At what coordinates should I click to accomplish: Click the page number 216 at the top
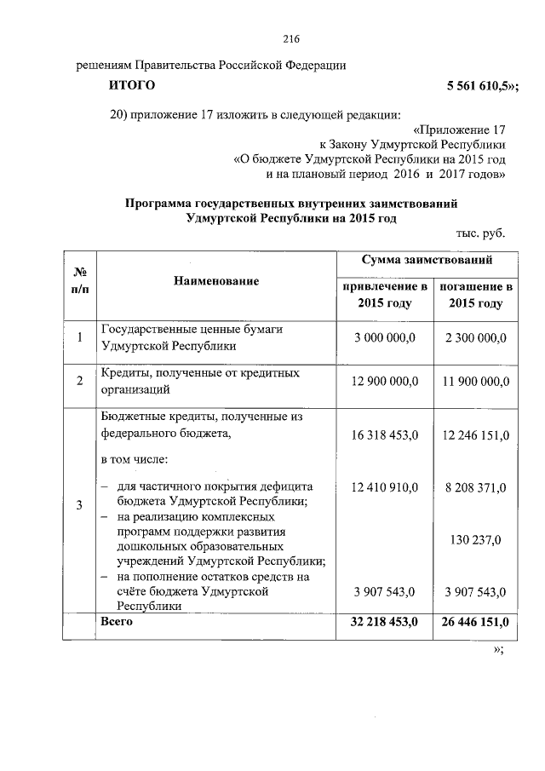click(x=291, y=38)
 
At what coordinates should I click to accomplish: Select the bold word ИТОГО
click(x=132, y=85)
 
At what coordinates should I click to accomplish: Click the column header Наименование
click(x=216, y=280)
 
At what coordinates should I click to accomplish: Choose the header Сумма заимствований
click(x=426, y=260)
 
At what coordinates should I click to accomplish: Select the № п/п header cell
click(x=79, y=280)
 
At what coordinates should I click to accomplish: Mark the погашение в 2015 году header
click(x=475, y=295)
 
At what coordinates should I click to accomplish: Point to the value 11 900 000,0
click(x=475, y=382)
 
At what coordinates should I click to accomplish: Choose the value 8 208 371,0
click(x=475, y=487)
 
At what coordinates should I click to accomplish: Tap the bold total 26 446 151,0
click(x=475, y=623)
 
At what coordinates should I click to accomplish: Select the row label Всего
click(x=117, y=622)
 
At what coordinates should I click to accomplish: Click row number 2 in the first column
click(x=79, y=382)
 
